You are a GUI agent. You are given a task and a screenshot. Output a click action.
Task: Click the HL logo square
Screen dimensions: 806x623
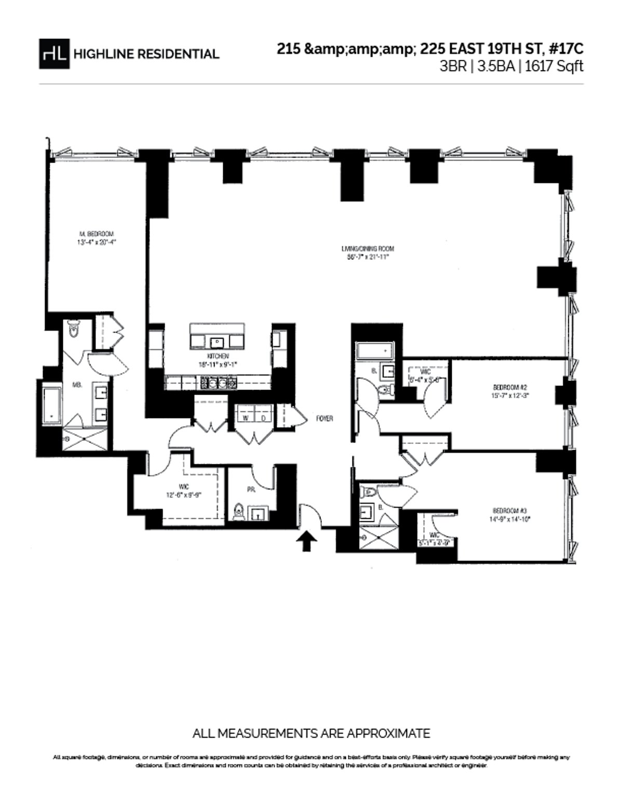[x=54, y=54]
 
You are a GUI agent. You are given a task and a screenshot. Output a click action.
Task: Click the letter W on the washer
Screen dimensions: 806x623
[x=245, y=418]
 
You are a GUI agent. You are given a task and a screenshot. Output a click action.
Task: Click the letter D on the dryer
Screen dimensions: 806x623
[x=263, y=418]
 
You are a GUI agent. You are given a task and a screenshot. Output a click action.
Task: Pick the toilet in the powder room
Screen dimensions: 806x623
[x=239, y=512]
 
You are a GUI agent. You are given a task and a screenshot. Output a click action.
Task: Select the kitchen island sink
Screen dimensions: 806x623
[x=216, y=342]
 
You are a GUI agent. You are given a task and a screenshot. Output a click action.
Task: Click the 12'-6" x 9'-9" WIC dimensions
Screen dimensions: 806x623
[x=183, y=495]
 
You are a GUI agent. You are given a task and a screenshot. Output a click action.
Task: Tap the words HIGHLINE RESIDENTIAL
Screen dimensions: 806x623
[x=146, y=54]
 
